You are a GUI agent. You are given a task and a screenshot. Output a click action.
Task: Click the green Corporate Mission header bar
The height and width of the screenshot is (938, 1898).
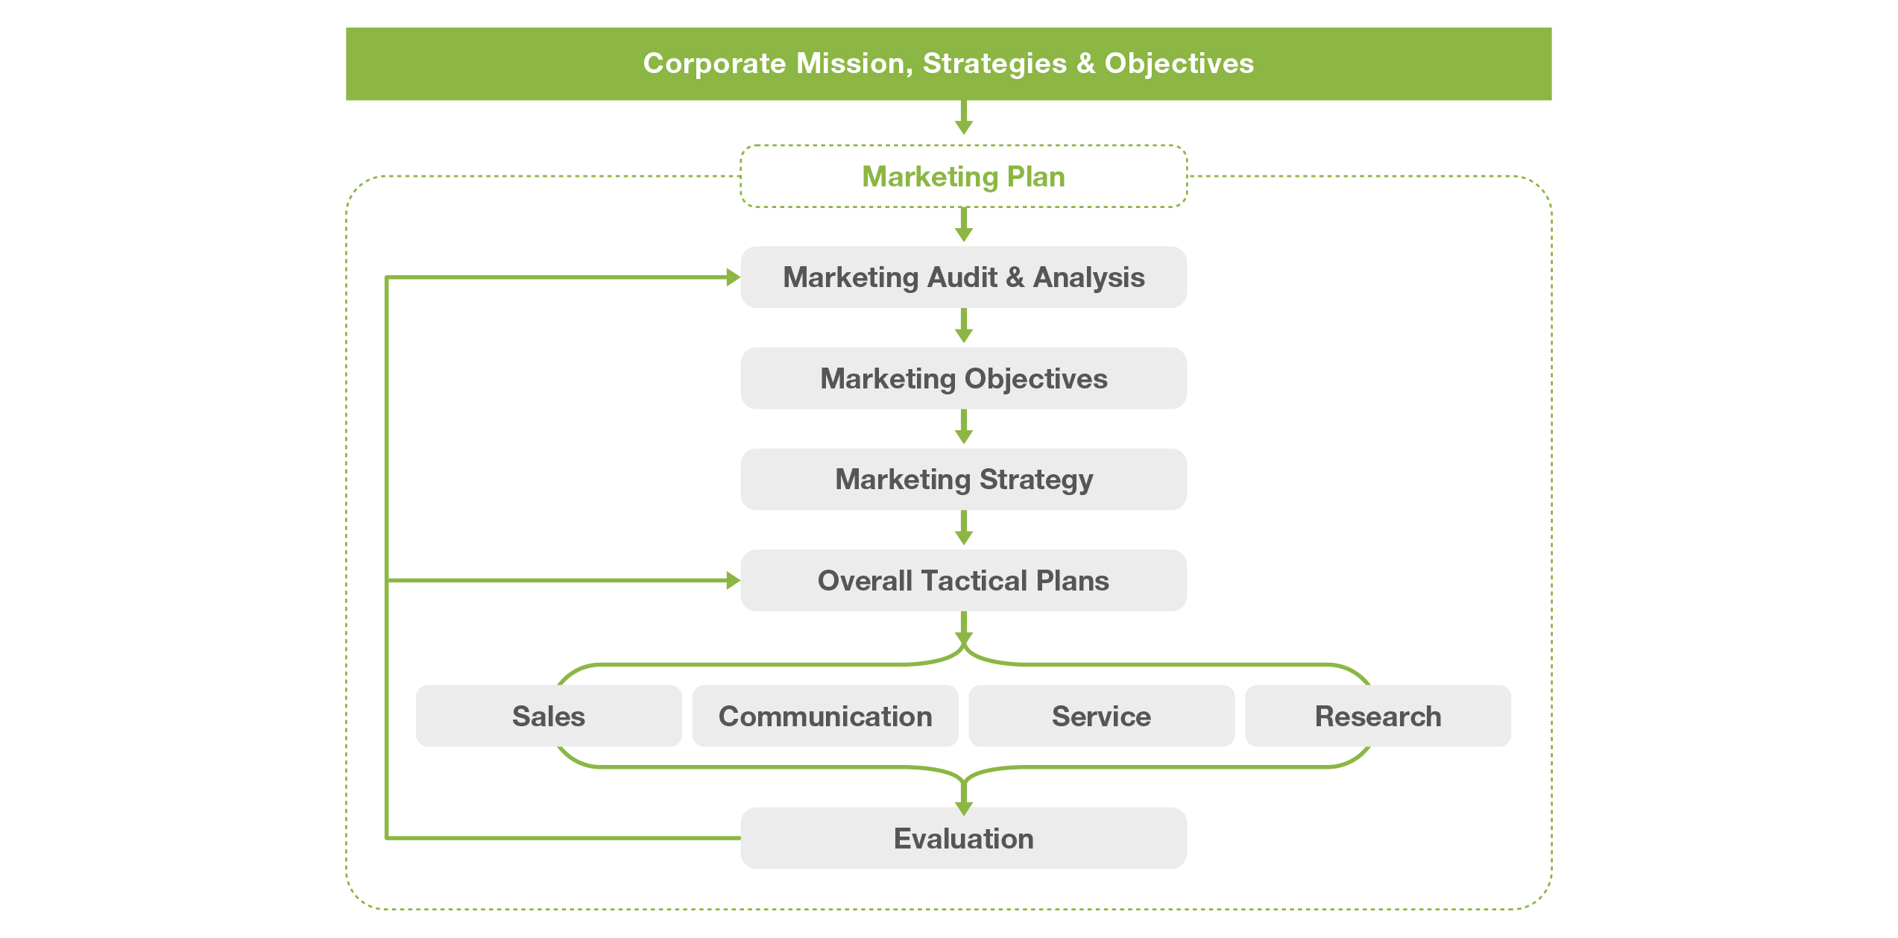pyautogui.click(x=948, y=64)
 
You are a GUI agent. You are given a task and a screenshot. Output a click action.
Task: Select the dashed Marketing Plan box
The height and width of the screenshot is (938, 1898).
pyautogui.click(x=963, y=176)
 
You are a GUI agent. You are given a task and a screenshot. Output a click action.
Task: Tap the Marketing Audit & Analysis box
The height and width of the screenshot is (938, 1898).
pyautogui.click(x=963, y=277)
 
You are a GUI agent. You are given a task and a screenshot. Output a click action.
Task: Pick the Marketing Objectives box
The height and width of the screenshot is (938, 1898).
pyautogui.click(x=963, y=378)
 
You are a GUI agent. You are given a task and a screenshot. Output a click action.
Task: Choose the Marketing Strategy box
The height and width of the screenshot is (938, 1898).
pyautogui.click(x=963, y=479)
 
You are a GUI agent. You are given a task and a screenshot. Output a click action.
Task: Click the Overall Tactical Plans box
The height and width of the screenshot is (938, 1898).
pyautogui.click(x=963, y=580)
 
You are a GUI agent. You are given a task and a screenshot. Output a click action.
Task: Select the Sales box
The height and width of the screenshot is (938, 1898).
pyautogui.click(x=549, y=716)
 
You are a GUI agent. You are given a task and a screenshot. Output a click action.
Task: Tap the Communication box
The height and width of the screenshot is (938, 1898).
pyautogui.click(x=825, y=716)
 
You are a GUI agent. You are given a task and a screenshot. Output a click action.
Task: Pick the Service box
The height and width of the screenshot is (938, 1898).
pyautogui.click(x=1101, y=716)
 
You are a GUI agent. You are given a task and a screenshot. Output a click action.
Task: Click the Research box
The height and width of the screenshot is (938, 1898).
pyautogui.click(x=1378, y=716)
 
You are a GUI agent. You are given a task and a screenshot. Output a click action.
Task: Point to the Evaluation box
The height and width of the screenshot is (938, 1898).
pyautogui.click(x=963, y=838)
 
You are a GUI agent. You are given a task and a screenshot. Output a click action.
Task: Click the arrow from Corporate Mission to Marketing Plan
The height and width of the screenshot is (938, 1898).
pyautogui.click(x=964, y=118)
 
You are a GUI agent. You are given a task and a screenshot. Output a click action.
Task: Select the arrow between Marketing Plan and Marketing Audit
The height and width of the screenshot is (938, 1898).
pyautogui.click(x=964, y=224)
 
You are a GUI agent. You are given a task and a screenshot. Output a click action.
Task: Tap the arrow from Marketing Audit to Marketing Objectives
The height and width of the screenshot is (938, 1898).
pyautogui.click(x=964, y=326)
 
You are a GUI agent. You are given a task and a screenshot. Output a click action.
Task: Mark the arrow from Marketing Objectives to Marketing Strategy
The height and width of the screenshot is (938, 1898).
pyautogui.click(x=964, y=426)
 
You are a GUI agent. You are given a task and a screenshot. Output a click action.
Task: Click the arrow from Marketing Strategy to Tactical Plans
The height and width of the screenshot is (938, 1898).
pyautogui.click(x=964, y=528)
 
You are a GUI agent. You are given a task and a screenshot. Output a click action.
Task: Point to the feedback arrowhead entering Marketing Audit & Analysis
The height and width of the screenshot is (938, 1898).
pyautogui.click(x=734, y=277)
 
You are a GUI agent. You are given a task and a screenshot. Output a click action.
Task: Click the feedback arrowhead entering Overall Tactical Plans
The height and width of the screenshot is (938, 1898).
pyautogui.click(x=734, y=580)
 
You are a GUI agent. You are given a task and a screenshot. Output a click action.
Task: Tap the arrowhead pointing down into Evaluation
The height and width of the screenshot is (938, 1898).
pyautogui.click(x=964, y=808)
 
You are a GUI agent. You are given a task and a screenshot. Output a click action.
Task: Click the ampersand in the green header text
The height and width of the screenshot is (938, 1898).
pyautogui.click(x=1086, y=64)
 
